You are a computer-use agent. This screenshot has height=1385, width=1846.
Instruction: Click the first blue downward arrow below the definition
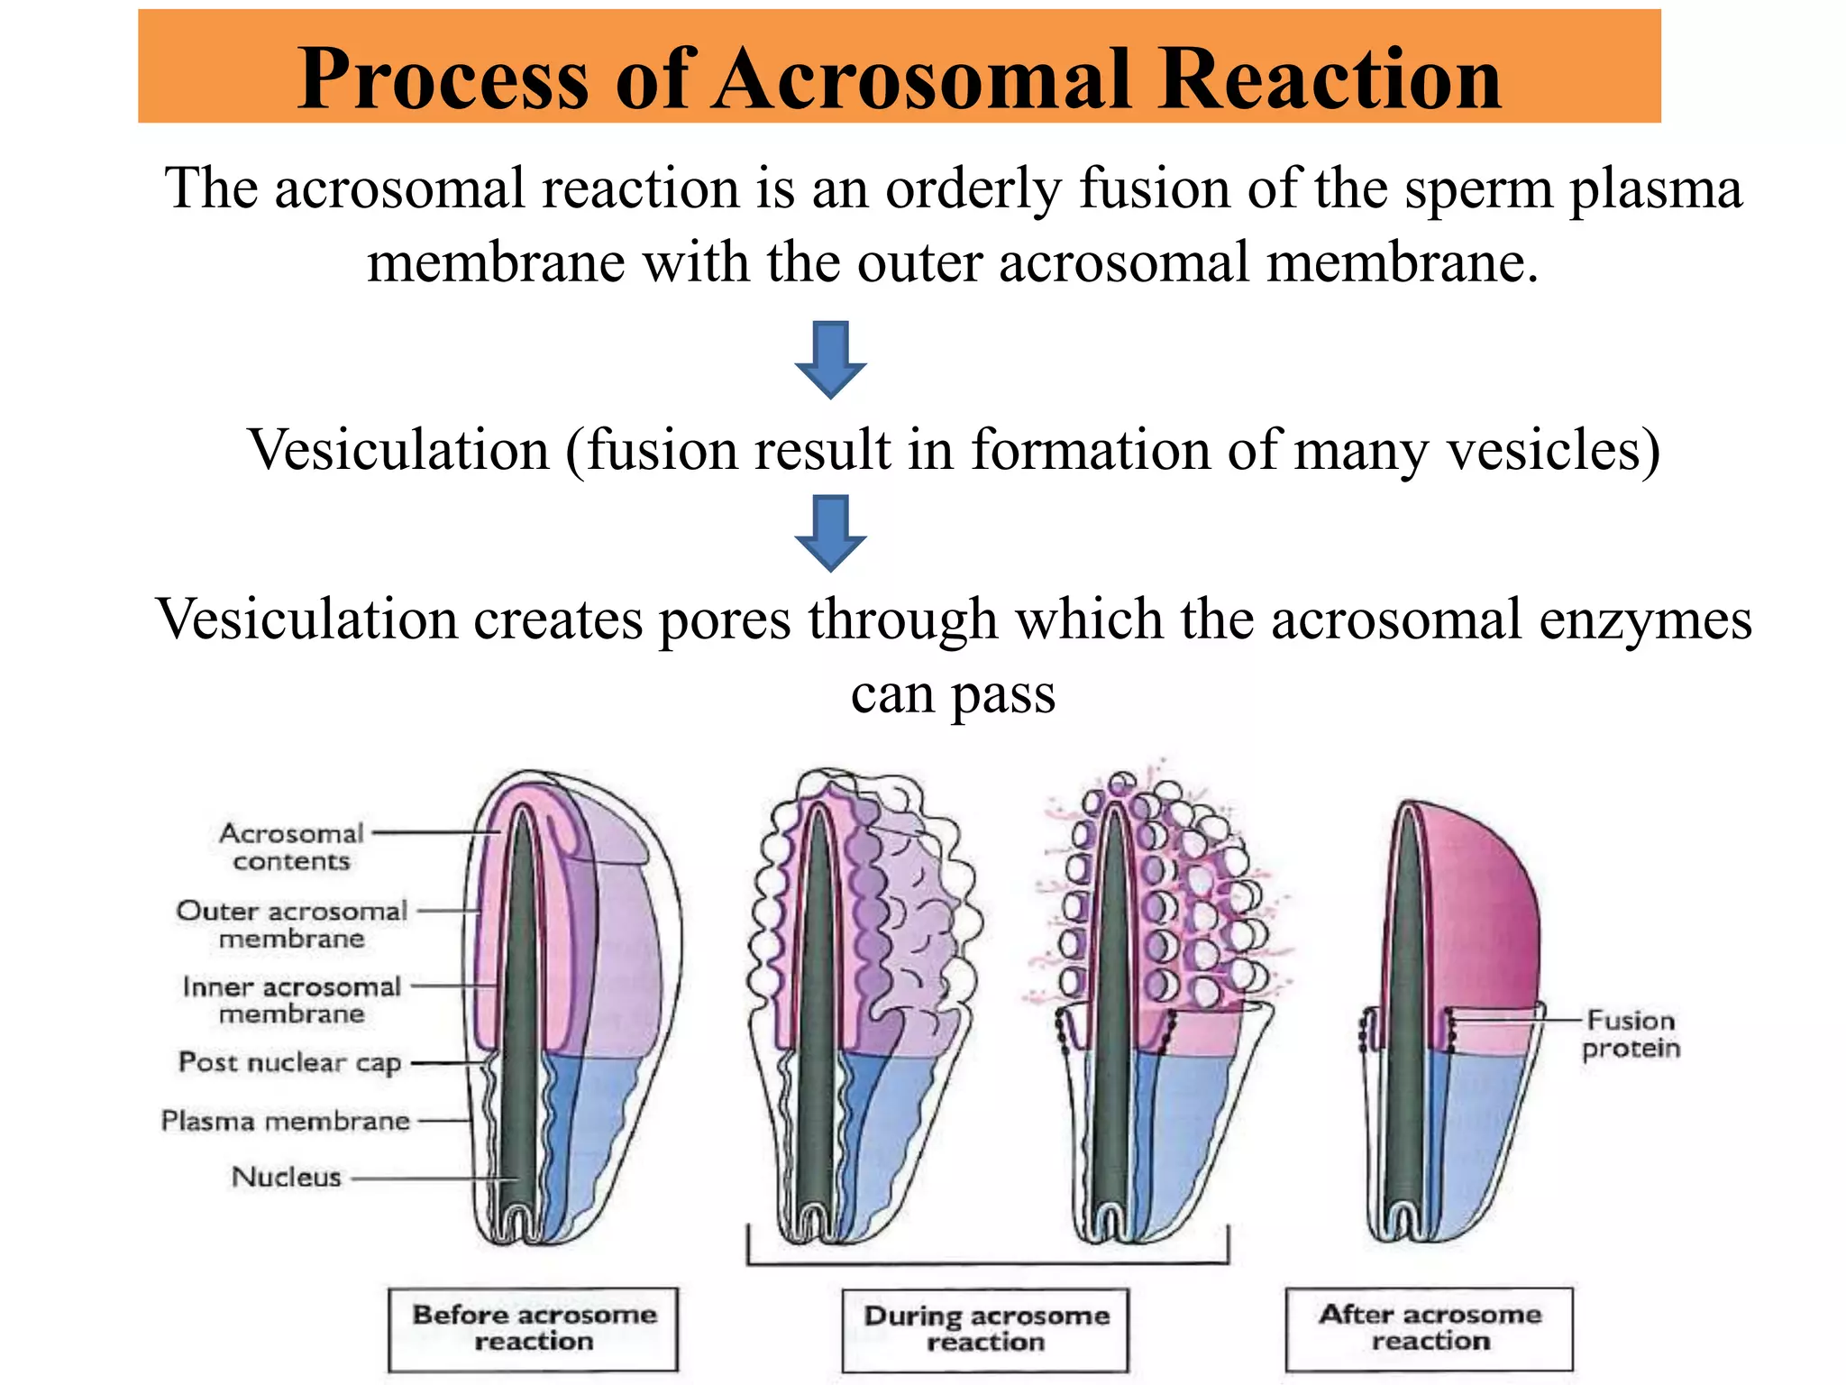[830, 359]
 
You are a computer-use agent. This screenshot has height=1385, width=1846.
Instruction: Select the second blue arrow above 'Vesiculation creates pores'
[830, 533]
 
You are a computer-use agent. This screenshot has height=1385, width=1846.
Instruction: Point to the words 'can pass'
[953, 694]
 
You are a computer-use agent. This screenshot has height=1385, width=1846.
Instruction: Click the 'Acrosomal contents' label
[291, 847]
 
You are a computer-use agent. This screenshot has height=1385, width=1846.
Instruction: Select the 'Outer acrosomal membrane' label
[291, 924]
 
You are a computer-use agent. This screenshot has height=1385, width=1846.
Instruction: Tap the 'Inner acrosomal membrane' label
[291, 1000]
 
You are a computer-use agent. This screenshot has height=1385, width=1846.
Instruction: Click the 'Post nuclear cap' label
[289, 1062]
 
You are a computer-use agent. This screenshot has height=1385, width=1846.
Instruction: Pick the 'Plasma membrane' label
[285, 1121]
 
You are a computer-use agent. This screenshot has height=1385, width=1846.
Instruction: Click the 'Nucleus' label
[287, 1177]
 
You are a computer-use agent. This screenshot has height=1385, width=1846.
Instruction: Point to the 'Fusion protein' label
[1631, 1034]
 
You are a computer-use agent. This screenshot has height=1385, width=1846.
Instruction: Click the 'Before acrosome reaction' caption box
[533, 1328]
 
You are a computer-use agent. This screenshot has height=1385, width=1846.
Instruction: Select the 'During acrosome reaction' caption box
[985, 1329]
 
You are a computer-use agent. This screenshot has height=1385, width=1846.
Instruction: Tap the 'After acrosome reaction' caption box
[1430, 1328]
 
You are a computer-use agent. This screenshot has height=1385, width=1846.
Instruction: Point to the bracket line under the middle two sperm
[987, 1263]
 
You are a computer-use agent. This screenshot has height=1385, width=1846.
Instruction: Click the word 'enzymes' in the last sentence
[1645, 620]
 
